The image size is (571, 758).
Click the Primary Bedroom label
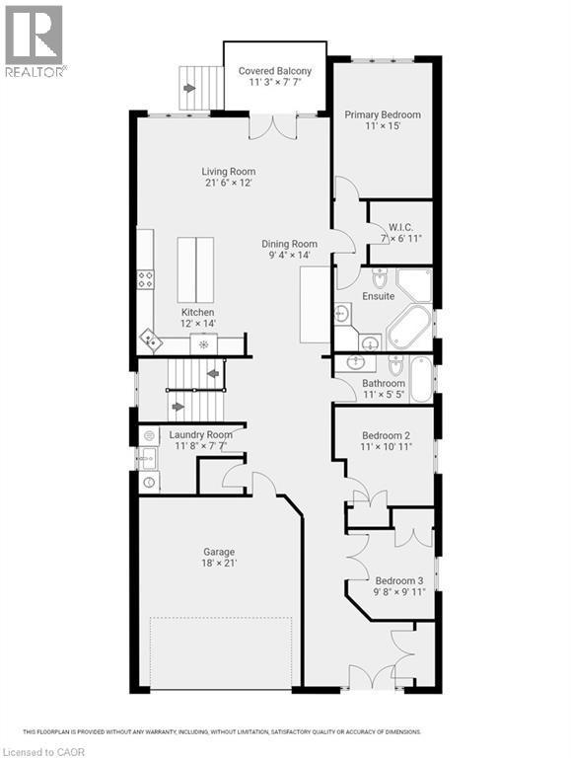382,114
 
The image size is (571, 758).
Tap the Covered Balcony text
275,71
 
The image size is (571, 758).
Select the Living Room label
229,172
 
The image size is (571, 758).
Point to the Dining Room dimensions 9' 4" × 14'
289,255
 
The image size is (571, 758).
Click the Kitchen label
197,312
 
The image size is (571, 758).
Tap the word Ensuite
380,296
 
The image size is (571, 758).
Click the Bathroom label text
384,384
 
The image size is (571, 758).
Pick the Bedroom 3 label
397,579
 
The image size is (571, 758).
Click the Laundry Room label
200,435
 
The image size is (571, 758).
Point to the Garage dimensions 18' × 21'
220,564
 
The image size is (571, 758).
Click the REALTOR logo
35,40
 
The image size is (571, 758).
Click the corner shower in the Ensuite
415,284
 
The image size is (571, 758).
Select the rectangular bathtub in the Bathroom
421,379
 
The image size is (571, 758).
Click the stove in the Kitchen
145,279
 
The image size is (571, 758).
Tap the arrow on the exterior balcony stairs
189,89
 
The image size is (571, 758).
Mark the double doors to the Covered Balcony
273,125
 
